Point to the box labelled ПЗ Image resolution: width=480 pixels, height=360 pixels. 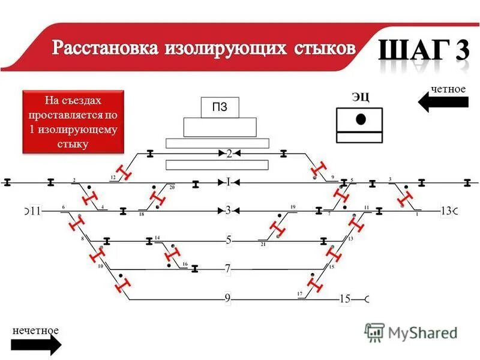pos(220,108)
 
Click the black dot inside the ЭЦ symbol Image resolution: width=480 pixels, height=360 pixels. pos(360,119)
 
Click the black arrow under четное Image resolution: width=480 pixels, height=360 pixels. pos(443,103)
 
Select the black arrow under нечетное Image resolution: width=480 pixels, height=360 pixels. pos(36,345)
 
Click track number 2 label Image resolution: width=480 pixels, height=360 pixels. pos(229,154)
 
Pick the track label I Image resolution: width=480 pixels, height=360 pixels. pos(228,182)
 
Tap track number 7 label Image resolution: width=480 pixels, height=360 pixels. pos(228,269)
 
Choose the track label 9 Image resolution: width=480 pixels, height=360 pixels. pos(228,298)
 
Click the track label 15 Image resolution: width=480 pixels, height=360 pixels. pos(344,298)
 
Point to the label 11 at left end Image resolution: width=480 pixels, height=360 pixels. pos(35,211)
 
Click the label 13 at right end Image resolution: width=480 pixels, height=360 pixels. pos(446,211)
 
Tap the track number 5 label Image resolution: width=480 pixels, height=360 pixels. pos(228,240)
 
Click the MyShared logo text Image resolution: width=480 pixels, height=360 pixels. pos(422,332)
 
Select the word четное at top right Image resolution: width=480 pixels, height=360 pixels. pos(448,89)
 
